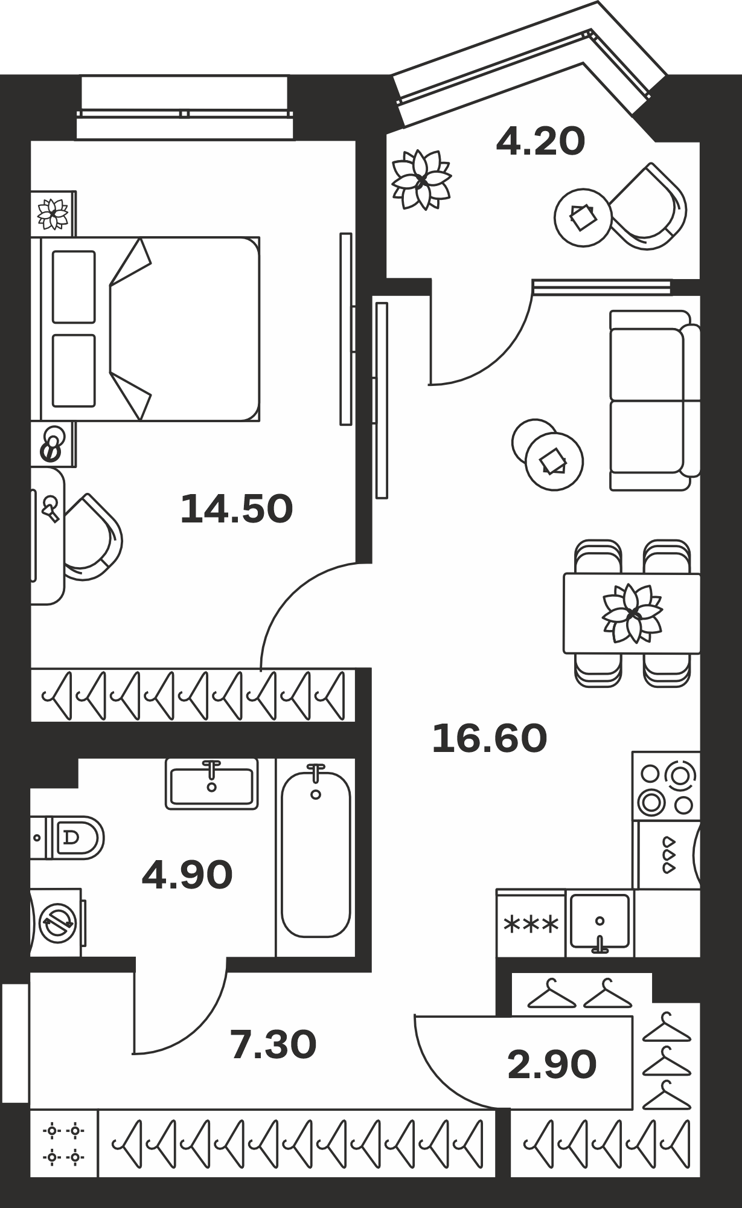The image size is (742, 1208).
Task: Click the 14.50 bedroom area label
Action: click(x=237, y=509)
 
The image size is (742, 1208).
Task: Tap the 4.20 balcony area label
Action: click(x=540, y=141)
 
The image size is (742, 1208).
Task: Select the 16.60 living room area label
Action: click(x=490, y=738)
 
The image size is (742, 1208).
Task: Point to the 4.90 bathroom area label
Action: click(x=187, y=875)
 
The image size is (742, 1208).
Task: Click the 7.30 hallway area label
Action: click(x=273, y=1046)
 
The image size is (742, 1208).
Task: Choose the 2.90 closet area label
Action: click(x=552, y=1064)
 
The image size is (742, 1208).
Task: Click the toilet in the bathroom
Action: click(x=68, y=837)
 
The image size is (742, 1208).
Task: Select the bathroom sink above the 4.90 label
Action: click(x=211, y=783)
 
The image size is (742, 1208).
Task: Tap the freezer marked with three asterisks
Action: click(x=531, y=924)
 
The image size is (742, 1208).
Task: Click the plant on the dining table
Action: click(x=632, y=614)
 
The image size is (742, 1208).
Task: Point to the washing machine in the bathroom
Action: click(x=56, y=922)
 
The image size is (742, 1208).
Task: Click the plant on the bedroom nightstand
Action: click(x=53, y=213)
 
